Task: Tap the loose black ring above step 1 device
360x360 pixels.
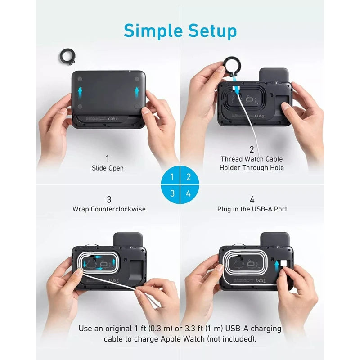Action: pos(67,57)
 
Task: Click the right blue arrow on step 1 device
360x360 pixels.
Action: pos(137,93)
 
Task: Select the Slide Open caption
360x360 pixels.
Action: pos(107,168)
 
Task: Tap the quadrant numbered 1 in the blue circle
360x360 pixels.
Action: pos(171,177)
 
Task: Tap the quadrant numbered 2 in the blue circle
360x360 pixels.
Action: pos(189,177)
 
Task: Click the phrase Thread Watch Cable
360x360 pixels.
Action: pos(252,159)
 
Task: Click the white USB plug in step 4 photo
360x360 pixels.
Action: pos(284,264)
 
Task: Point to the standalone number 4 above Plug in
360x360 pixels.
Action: pos(252,199)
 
